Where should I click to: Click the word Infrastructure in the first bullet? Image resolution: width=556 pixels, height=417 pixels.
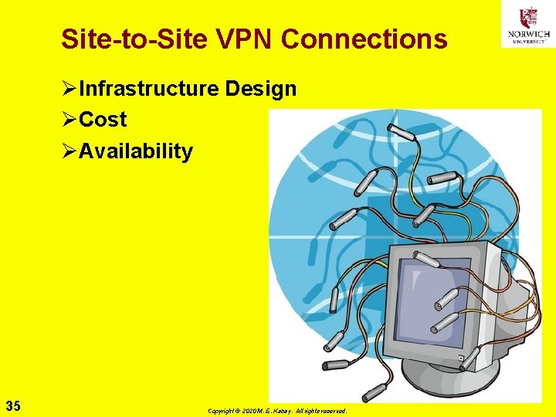(149, 89)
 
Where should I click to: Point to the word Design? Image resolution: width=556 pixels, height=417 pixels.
(261, 89)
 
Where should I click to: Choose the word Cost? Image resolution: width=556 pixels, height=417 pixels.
(103, 120)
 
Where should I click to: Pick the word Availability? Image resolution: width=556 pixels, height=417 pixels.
(135, 151)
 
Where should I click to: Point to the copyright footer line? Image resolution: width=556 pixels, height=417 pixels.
(277, 411)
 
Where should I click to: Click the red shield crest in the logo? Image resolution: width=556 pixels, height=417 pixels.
(528, 16)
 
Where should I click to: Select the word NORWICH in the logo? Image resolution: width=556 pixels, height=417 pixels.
(528, 33)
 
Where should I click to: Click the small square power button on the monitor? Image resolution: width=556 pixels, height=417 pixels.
(460, 358)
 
